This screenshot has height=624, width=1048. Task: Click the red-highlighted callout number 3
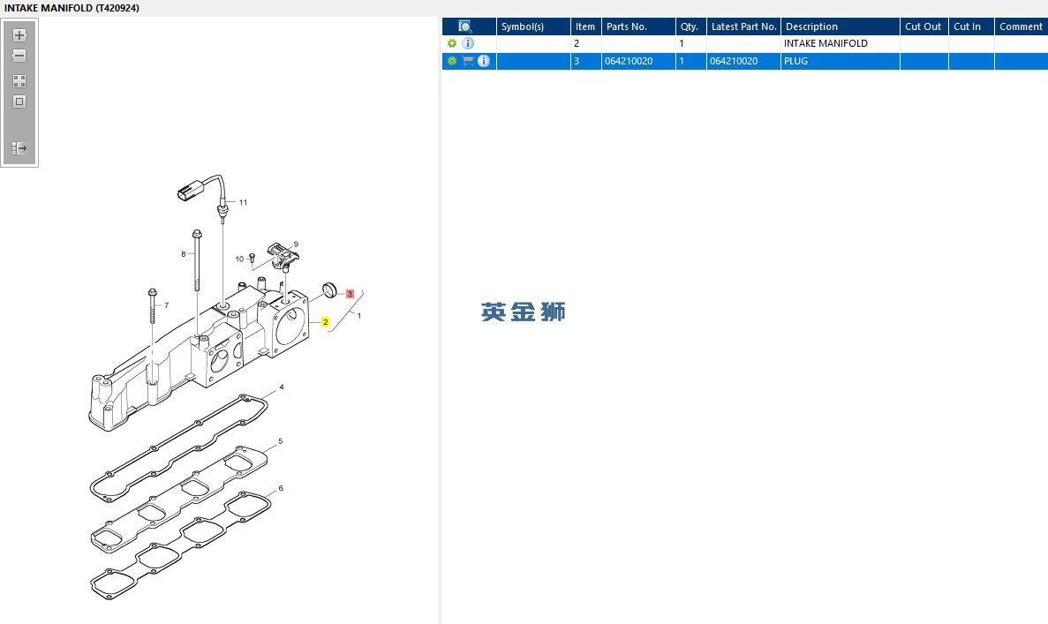pyautogui.click(x=351, y=293)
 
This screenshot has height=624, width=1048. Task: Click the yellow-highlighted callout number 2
pyautogui.click(x=326, y=322)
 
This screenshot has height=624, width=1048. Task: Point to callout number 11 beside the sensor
pyautogui.click(x=243, y=202)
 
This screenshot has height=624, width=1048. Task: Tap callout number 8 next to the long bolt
pyautogui.click(x=184, y=254)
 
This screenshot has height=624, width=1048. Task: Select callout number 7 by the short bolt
pyautogui.click(x=165, y=305)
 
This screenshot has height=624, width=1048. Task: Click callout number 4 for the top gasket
pyautogui.click(x=282, y=387)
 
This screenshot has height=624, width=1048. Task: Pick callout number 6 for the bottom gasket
pyautogui.click(x=281, y=488)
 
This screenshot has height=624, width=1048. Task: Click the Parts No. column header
pyautogui.click(x=627, y=26)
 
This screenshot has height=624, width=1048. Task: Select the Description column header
pyautogui.click(x=811, y=26)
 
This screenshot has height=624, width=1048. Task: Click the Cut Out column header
pyautogui.click(x=924, y=26)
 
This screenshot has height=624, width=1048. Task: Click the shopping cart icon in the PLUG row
pyautogui.click(x=468, y=61)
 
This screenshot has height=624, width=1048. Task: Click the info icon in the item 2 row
pyautogui.click(x=468, y=43)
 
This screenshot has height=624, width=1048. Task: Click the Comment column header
pyautogui.click(x=1021, y=26)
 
